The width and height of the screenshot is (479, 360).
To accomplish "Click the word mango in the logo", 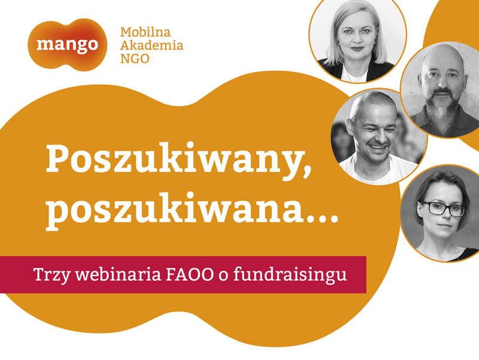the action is (x=67, y=45).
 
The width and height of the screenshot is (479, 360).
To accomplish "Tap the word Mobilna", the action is (x=145, y=32).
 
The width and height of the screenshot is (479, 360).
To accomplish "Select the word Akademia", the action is (x=152, y=46).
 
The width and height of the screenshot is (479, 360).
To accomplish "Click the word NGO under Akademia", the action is (x=135, y=58).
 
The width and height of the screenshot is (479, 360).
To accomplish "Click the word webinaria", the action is (x=118, y=274).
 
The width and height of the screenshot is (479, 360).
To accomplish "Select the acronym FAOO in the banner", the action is (x=189, y=275).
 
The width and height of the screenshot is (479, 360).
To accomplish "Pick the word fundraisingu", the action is (x=290, y=275).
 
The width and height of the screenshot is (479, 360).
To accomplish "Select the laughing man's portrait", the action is (x=379, y=137).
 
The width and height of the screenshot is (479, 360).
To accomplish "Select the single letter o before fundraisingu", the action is (x=223, y=276).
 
